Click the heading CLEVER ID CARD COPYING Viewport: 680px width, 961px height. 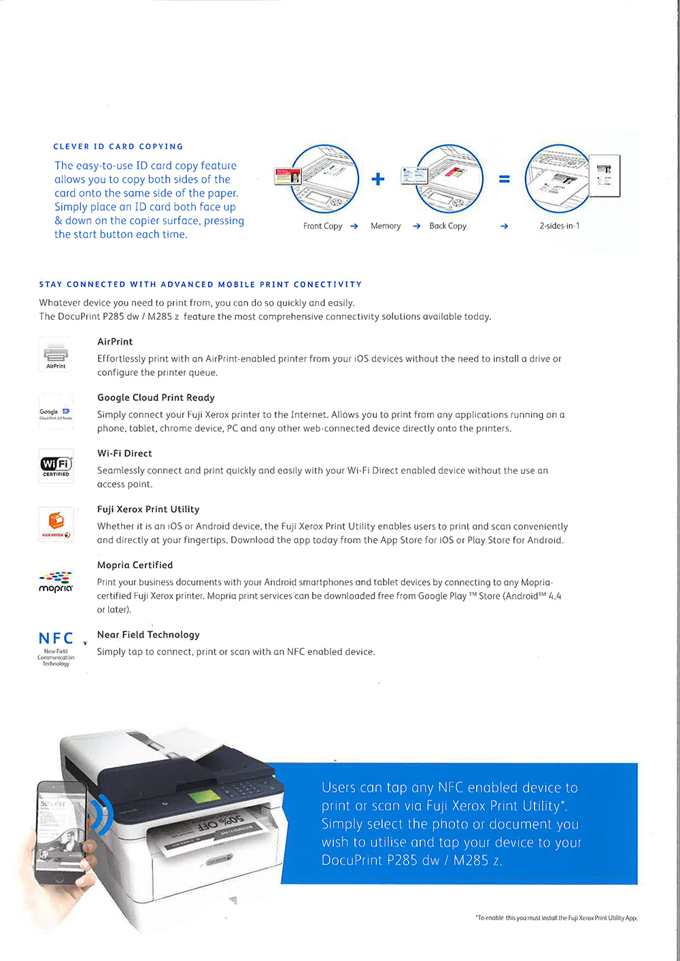(118, 146)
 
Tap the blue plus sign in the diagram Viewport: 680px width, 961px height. (378, 179)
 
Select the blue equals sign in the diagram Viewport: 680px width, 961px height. (504, 179)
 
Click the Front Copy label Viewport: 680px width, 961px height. (322, 226)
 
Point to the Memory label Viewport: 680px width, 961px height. (386, 226)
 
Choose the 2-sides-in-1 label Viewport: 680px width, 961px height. (560, 226)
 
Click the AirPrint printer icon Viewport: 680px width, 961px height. (56, 353)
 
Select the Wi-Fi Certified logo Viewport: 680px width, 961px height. (56, 466)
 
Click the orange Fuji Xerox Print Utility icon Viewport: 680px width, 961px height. (56, 523)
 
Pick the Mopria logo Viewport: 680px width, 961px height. (56, 582)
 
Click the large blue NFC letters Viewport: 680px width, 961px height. (56, 638)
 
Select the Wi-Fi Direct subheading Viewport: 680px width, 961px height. (124, 453)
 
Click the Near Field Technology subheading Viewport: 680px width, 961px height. (148, 635)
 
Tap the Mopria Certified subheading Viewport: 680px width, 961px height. (135, 565)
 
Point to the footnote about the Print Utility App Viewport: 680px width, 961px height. (556, 918)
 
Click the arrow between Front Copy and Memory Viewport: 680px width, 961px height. (354, 226)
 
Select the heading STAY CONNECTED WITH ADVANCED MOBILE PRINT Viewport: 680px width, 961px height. (200, 285)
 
